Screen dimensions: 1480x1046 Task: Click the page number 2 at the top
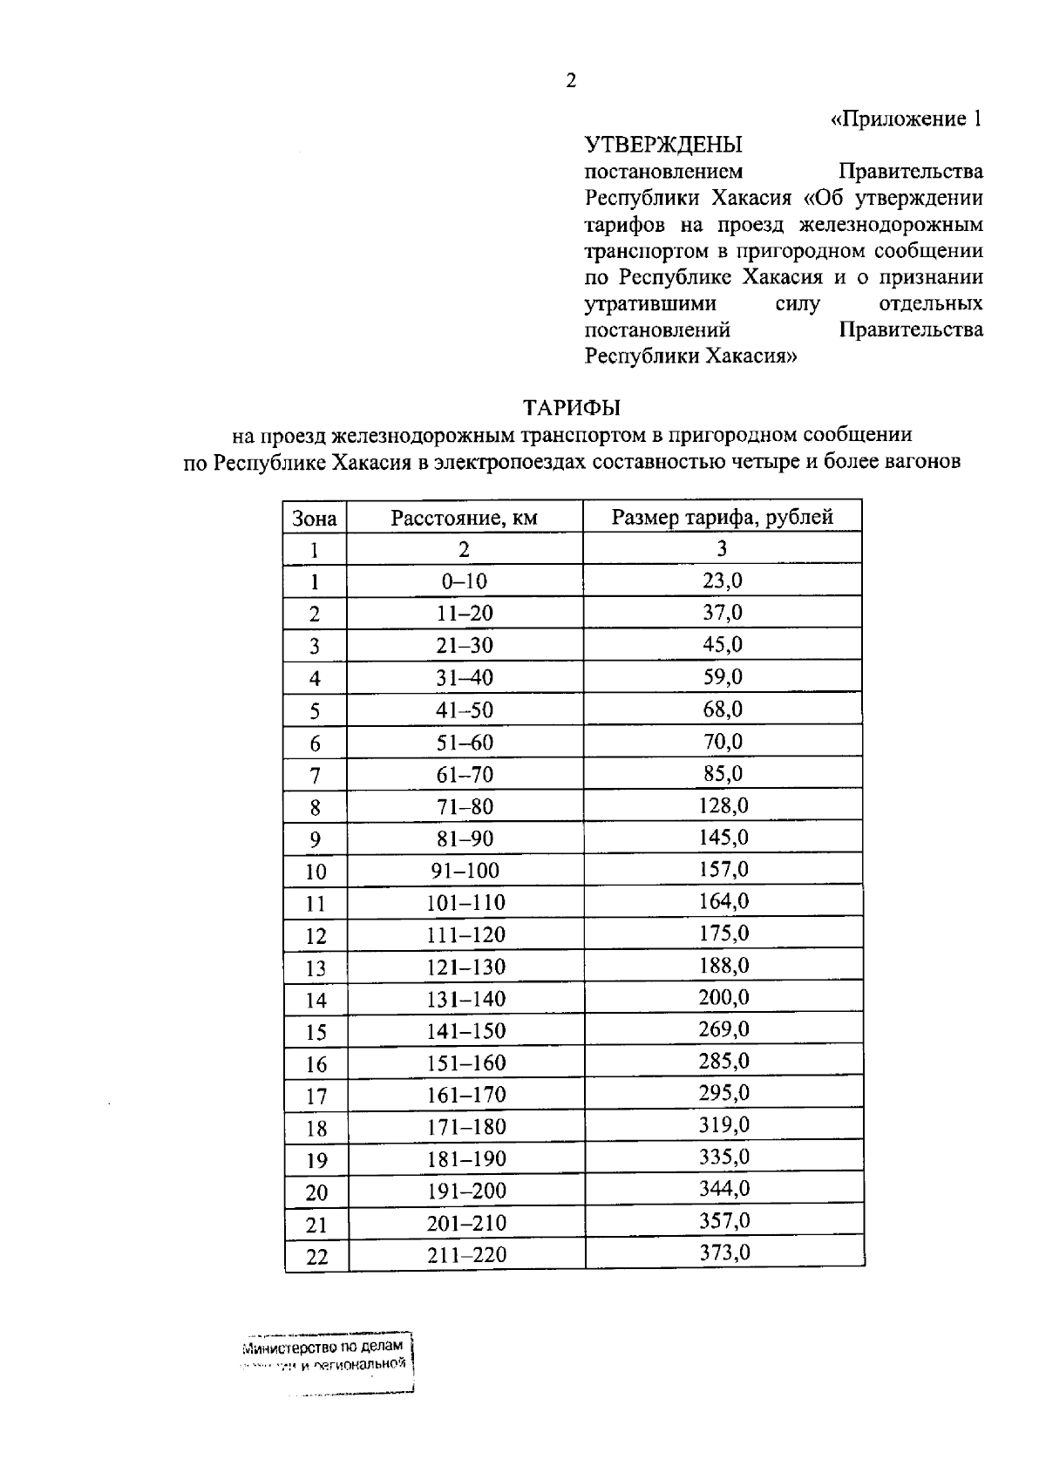(x=571, y=82)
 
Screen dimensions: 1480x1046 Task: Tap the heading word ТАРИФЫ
(x=571, y=407)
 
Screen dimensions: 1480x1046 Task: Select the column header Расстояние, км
(x=464, y=518)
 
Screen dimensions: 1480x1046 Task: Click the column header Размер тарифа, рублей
(x=722, y=517)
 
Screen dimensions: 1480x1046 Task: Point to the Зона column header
(x=315, y=519)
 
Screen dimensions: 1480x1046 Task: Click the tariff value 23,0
(x=723, y=580)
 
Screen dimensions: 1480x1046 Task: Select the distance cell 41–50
(x=465, y=710)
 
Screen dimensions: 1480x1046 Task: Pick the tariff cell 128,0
(x=723, y=805)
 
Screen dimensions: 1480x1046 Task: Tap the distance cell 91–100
(x=465, y=871)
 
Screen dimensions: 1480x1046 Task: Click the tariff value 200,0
(x=723, y=997)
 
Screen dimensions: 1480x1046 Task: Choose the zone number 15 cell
(x=316, y=1032)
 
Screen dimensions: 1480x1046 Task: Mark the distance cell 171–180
(x=465, y=1127)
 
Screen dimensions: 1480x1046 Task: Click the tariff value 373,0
(x=724, y=1253)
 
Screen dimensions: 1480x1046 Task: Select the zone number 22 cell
(x=316, y=1257)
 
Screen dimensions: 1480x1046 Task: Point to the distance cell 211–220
(x=465, y=1255)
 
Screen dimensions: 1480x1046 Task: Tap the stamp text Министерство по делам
(x=323, y=1347)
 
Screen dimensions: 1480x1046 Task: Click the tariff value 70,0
(x=723, y=742)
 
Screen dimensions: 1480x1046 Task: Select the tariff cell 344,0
(x=724, y=1189)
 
